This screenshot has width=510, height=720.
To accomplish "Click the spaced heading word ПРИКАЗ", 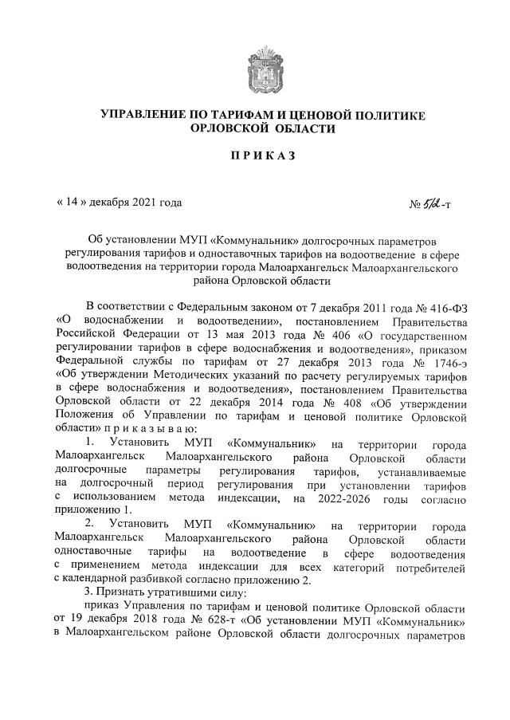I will click(255, 155).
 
